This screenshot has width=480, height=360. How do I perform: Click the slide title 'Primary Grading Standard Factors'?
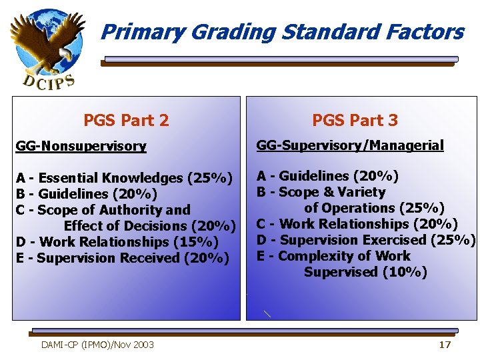pos(282,31)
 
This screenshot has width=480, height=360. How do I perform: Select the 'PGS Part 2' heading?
pos(126,121)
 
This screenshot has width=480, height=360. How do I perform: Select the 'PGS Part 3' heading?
pos(355,120)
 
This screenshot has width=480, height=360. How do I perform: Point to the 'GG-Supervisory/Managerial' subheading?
pos(350,145)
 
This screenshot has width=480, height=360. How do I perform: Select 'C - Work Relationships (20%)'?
pos(357,224)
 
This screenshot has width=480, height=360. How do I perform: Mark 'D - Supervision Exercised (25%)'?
pos(366,240)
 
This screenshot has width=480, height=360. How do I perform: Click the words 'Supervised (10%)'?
pos(365,272)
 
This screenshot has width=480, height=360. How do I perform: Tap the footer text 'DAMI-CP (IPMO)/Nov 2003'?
pos(97,345)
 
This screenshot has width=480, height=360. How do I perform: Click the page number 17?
pos(445,345)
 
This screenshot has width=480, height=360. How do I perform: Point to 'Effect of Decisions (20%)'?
pos(149,226)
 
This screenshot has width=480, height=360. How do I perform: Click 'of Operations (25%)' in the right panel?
pos(374,208)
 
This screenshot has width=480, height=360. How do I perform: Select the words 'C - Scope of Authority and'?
pos(103,210)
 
